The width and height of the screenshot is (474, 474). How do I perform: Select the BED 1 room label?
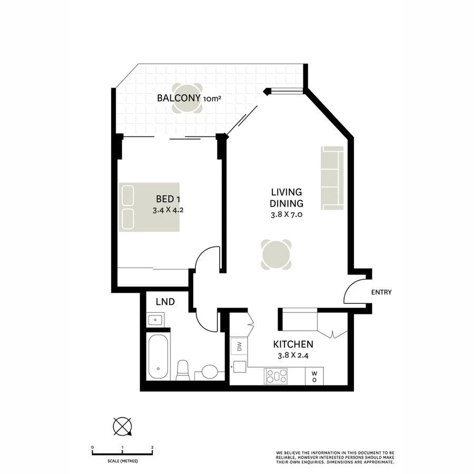pyautogui.click(x=168, y=199)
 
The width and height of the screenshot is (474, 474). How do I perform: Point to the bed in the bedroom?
pyautogui.click(x=149, y=207)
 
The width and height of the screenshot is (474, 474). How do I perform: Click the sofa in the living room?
pyautogui.click(x=332, y=177)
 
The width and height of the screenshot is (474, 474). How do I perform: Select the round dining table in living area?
pyautogui.click(x=276, y=255)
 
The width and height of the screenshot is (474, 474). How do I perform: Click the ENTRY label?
pyautogui.click(x=381, y=292)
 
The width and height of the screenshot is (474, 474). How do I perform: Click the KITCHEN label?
pyautogui.click(x=293, y=344)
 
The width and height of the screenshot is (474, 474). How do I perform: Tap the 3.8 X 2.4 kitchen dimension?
pyautogui.click(x=293, y=355)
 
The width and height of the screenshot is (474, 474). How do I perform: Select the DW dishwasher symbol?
pyautogui.click(x=239, y=346)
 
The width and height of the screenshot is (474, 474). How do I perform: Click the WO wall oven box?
pyautogui.click(x=314, y=376)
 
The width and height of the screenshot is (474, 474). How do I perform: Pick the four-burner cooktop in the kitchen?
pyautogui.click(x=276, y=376)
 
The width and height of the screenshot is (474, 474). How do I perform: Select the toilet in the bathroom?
pyautogui.click(x=183, y=370)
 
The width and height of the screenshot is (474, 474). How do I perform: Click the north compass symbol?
pyautogui.click(x=122, y=426)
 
